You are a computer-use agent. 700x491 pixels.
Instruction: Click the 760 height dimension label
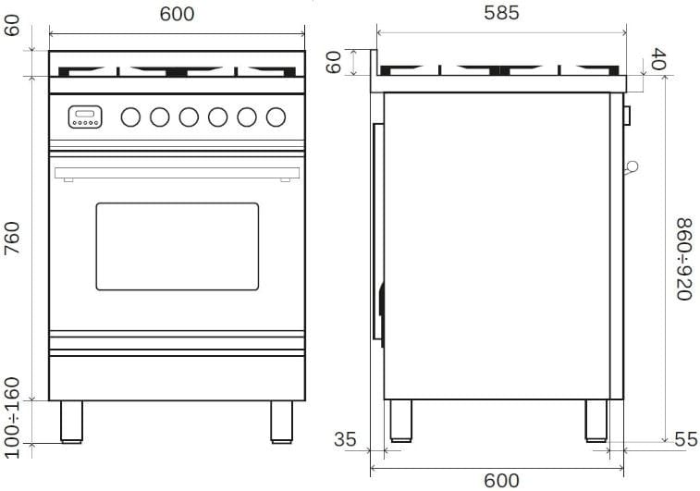pos(13,239)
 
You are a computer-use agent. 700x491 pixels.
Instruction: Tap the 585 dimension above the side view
pos(501,13)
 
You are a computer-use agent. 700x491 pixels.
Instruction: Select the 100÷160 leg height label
pos(13,418)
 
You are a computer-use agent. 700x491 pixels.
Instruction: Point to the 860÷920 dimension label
pos(684,259)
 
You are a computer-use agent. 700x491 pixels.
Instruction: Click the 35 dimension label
pos(345,439)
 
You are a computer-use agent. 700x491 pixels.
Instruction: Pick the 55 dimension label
pos(686,439)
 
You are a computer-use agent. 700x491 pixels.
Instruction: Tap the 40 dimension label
pos(658,58)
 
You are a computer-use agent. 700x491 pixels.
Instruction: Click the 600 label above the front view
pos(177,14)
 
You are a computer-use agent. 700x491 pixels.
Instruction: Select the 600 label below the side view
pos(501,481)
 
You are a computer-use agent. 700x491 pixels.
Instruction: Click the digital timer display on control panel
pos(85,117)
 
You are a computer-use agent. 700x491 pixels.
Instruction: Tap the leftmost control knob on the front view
pos(130,117)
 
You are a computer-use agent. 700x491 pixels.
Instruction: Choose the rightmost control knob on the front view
pos(276,117)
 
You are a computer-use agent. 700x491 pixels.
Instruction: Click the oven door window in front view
pos(178,246)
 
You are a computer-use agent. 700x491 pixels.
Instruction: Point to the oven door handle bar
pos(177,173)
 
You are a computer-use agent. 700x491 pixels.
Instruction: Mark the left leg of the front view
pos(71,422)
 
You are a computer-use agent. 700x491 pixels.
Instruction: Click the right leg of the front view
pos(282,422)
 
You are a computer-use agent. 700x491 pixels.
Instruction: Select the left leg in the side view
pos(401,421)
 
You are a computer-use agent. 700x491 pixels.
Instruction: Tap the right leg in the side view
pos(596,421)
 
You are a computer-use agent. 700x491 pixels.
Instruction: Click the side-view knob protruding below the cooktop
pos(627,116)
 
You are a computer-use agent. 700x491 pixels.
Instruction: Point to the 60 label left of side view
pos(334,62)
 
